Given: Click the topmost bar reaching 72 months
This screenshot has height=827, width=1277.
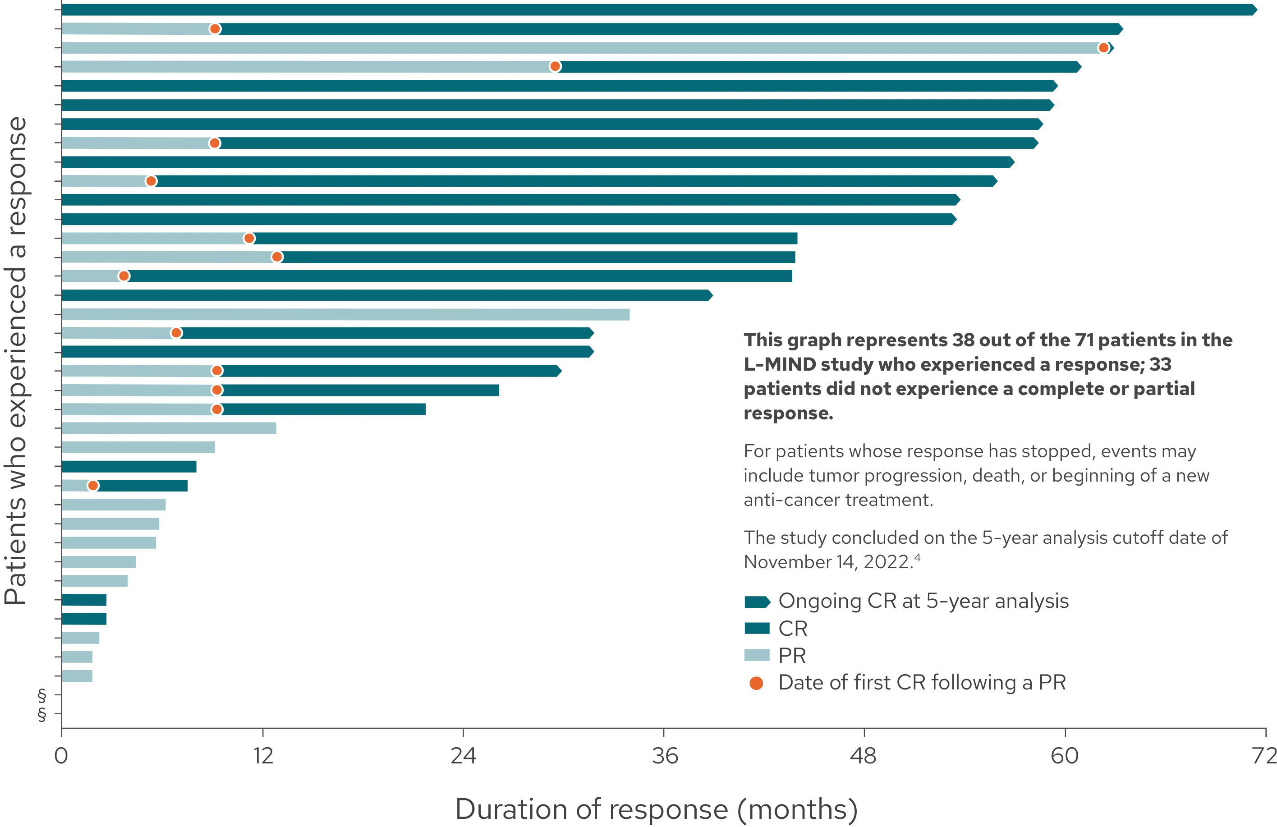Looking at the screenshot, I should coord(644,10).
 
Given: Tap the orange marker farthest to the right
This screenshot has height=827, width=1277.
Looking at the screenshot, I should coord(1103,48).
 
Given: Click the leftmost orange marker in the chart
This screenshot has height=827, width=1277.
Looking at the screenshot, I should coord(93,486).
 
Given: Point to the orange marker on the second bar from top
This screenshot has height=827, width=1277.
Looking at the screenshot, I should coord(215,29).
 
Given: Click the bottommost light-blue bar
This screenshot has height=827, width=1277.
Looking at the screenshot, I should coord(78,676).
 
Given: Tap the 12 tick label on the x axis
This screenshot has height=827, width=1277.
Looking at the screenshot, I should coord(263,757).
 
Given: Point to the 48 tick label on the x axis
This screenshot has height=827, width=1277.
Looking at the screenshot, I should coord(864,757).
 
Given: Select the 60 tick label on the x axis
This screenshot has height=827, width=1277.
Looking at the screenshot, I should coord(1065,757).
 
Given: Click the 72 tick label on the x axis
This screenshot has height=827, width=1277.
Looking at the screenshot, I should coord(1265,757).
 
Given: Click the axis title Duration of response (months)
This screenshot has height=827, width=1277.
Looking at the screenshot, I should coord(656,809).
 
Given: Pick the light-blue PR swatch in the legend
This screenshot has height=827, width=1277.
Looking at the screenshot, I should coord(757,655).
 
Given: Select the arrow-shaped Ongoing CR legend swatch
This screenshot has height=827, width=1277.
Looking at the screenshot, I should coord(757,602).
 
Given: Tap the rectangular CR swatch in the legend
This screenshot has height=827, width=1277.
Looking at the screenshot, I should coord(757,628).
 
